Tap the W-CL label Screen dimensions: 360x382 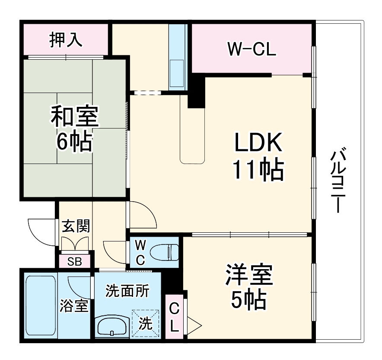pos(251,50)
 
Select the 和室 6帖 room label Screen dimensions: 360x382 pos(74,129)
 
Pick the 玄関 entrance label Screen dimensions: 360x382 pos(76,226)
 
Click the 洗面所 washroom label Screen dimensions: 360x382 pos(127,291)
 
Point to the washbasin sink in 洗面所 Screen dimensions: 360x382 pos(112,325)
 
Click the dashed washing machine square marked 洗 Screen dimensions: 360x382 pos(145,323)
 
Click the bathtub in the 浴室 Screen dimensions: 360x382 pos(41,305)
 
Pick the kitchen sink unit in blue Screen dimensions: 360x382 pos(177,56)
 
